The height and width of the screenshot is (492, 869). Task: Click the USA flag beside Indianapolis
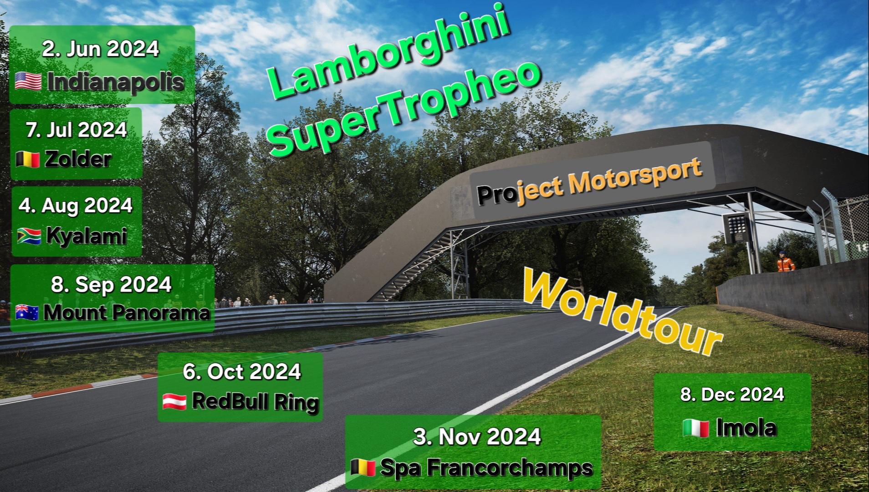28,82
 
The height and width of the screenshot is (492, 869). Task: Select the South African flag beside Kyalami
29,236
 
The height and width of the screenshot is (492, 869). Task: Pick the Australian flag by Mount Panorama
27,313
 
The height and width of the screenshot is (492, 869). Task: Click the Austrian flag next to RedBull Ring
174,402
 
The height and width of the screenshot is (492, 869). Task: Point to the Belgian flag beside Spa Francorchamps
363,467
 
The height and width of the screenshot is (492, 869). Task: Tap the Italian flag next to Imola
696,428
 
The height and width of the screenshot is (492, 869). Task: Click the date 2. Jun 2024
101,49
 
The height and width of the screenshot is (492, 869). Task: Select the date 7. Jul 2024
77,130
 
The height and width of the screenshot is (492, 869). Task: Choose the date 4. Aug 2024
76,205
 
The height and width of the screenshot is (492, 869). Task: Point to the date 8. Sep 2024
111,284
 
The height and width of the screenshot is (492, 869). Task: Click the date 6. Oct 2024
242,372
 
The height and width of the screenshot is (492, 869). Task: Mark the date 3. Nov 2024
477,436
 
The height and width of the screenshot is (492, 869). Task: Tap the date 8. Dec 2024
732,395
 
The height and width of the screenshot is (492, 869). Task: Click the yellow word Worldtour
623,312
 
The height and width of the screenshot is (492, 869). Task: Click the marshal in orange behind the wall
785,262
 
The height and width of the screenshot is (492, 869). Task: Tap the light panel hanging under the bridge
735,228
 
